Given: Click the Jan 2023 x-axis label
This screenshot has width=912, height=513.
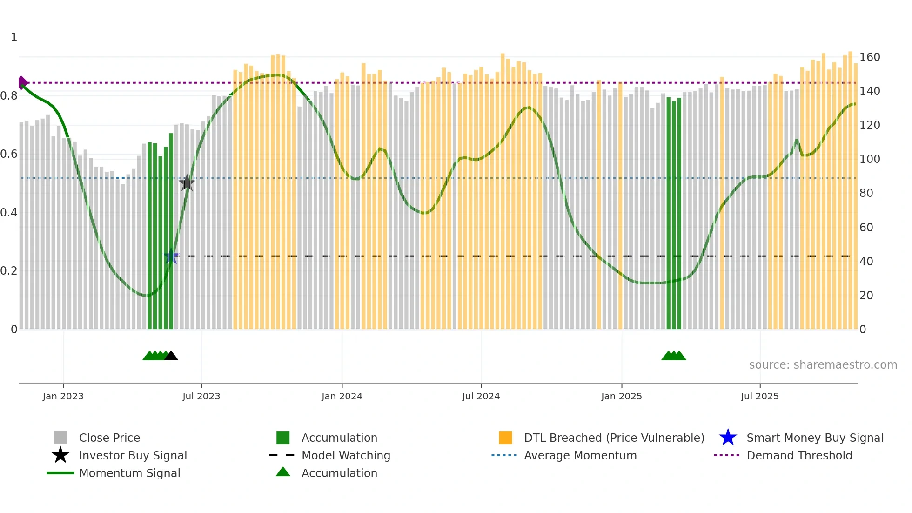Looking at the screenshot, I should (63, 396).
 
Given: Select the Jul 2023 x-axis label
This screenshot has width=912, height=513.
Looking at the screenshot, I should (201, 396).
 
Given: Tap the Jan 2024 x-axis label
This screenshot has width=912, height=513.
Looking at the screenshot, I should (342, 396).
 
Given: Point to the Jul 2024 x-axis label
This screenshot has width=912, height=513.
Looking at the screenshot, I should (481, 396).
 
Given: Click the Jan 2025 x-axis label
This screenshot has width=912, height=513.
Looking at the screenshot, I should (621, 396).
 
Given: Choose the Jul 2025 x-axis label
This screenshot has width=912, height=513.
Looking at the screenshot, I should (759, 396).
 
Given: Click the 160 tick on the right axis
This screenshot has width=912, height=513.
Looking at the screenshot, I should (870, 57).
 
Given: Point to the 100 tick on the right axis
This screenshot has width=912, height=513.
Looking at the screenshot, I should (870, 159).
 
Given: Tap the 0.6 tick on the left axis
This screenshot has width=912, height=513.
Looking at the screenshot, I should (9, 154).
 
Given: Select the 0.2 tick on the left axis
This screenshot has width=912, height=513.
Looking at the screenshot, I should (9, 271).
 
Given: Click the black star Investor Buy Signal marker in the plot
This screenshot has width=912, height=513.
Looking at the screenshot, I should (187, 183).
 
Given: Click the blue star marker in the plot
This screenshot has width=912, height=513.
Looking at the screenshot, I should (171, 256).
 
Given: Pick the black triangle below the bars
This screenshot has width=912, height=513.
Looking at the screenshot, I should (171, 356).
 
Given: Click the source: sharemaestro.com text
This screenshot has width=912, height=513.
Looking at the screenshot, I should (823, 365).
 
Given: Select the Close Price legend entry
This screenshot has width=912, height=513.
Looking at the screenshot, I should (109, 438).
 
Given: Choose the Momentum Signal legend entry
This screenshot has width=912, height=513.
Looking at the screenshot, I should (129, 473).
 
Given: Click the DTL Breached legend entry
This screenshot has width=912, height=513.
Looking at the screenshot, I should (614, 438).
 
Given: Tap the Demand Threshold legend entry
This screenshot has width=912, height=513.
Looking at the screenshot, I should (799, 455).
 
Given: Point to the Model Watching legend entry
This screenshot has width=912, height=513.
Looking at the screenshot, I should (346, 455).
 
